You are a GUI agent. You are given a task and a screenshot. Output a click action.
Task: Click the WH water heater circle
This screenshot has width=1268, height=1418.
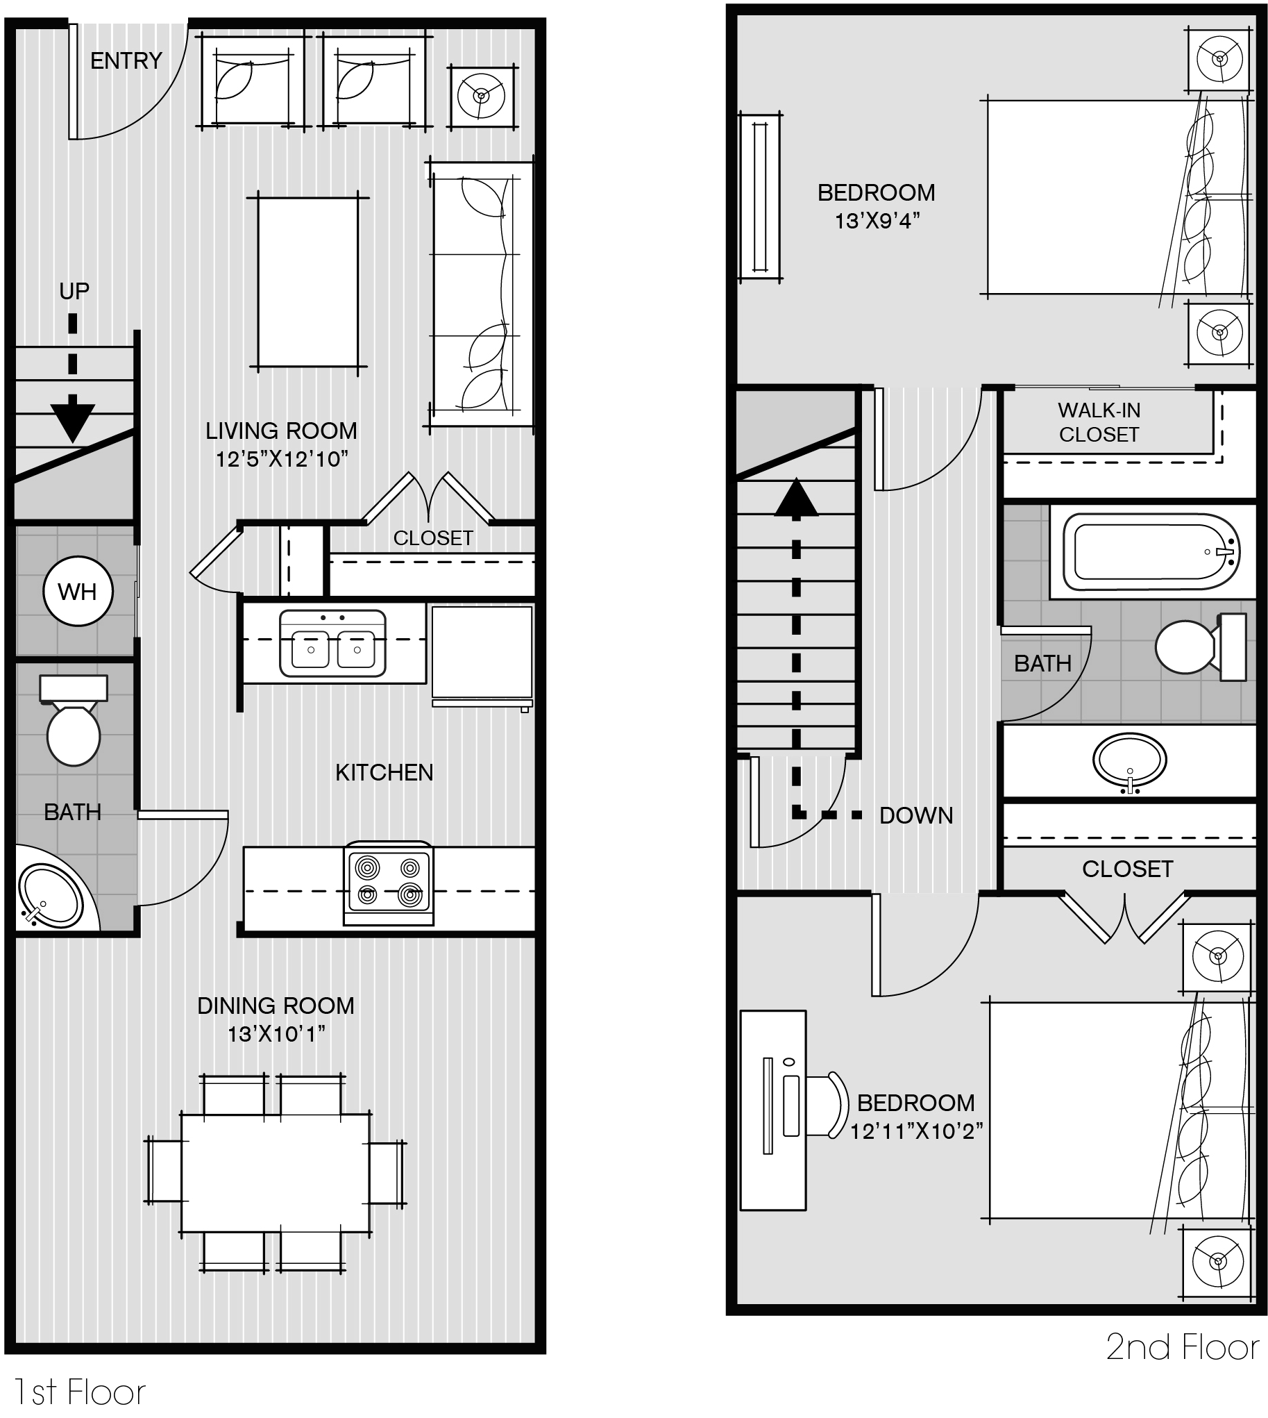[77, 592]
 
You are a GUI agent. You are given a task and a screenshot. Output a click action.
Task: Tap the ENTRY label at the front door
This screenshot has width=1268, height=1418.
[126, 61]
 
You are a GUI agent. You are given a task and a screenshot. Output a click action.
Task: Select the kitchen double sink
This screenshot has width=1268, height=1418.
[332, 644]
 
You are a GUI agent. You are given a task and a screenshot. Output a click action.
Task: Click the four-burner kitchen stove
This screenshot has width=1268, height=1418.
[388, 883]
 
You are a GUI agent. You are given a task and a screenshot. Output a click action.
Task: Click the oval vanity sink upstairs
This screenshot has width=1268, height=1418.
[1129, 759]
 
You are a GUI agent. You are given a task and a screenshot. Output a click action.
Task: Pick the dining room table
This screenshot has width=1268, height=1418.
[276, 1173]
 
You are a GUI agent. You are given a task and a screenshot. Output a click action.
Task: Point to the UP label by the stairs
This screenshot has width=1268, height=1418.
[74, 291]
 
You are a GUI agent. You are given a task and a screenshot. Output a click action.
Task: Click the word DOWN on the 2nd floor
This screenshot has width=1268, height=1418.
[915, 816]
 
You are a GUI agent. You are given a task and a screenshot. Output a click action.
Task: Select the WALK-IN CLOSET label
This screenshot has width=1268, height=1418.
[1099, 422]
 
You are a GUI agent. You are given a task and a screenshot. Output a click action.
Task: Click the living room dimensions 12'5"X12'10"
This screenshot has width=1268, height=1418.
[282, 459]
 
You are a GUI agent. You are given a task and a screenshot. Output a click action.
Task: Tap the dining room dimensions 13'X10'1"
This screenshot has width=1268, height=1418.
[277, 1034]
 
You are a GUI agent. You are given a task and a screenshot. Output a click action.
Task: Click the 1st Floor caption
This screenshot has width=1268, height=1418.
[78, 1393]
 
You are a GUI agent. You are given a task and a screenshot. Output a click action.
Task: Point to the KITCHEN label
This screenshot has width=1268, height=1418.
[384, 772]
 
